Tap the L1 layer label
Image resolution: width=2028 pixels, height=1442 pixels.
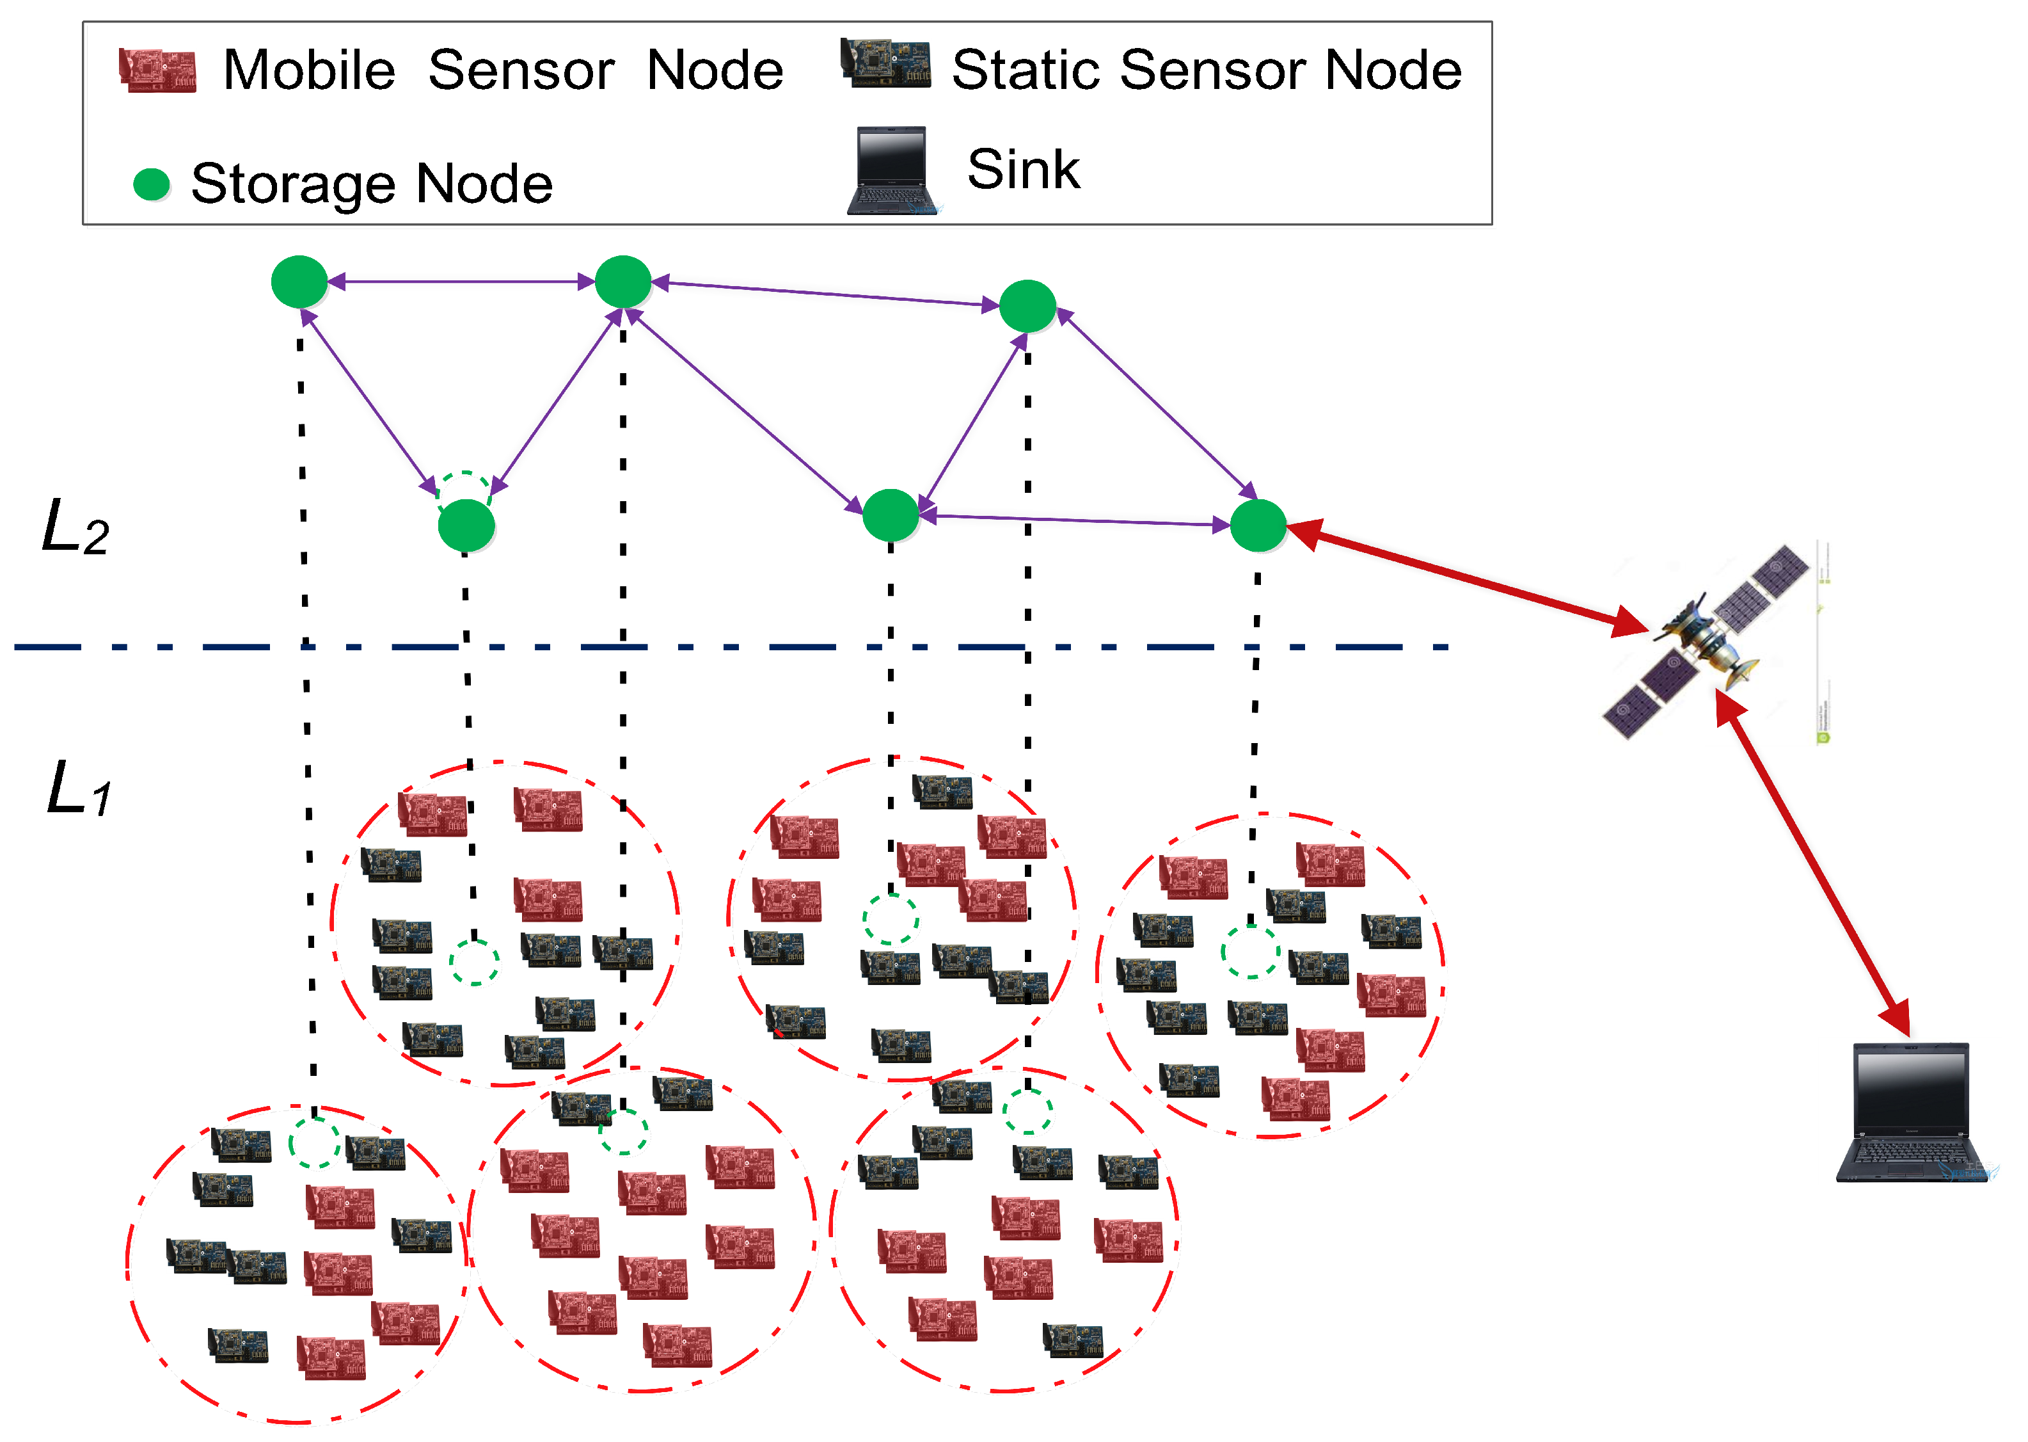(78, 788)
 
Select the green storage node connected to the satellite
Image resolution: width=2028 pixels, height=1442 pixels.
(1258, 525)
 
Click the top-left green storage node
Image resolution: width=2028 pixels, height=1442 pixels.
(299, 282)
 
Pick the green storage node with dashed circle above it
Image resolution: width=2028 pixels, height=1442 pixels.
(466, 525)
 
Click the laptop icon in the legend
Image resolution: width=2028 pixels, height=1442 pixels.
(891, 170)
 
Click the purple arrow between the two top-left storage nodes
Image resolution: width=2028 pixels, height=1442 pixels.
(461, 282)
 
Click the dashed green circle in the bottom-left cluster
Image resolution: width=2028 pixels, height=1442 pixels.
(314, 1142)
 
